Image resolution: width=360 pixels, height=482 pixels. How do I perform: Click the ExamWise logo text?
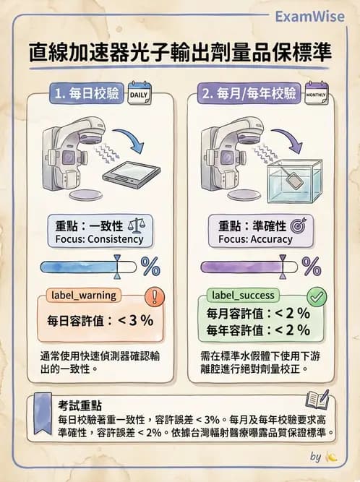click(x=313, y=16)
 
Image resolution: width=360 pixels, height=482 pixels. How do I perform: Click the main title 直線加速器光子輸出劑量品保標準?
click(x=180, y=52)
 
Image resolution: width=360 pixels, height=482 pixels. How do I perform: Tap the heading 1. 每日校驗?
click(x=87, y=95)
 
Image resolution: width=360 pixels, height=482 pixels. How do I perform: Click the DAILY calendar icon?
click(x=139, y=95)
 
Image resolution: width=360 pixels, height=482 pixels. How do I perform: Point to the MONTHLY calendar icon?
click(x=316, y=95)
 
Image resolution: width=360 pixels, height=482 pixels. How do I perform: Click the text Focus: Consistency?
click(x=99, y=239)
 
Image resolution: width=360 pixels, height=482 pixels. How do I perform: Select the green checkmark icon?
click(x=317, y=297)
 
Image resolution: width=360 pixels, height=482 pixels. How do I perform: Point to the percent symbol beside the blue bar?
click(x=150, y=267)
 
